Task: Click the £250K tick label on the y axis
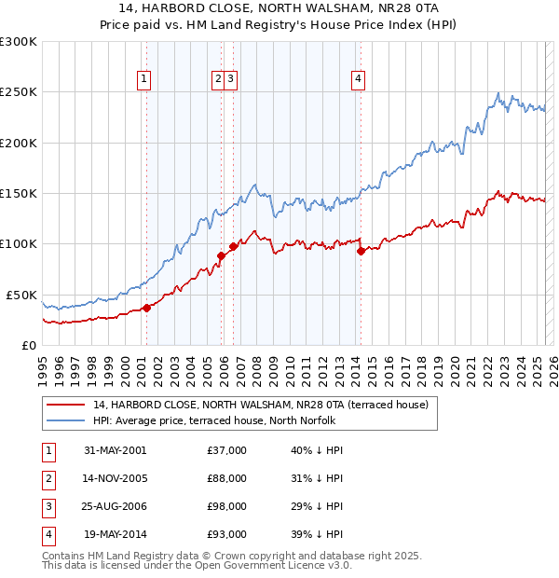pos(19,92)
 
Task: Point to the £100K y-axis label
pos(19,243)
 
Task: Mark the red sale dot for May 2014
pos(361,251)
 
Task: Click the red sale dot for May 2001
pos(147,308)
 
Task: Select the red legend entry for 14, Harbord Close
pos(260,405)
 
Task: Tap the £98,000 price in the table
pos(226,506)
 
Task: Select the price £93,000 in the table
pos(226,534)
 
